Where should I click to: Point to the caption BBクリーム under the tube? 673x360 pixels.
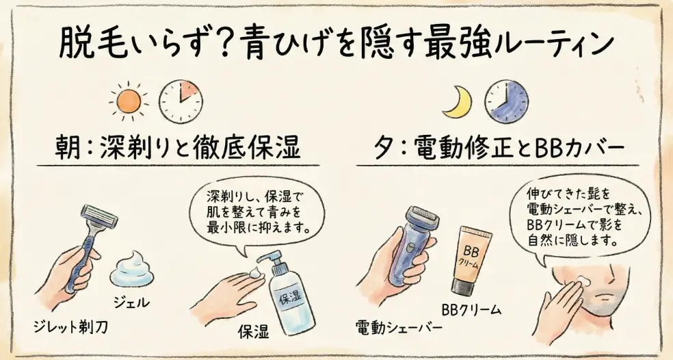[471, 310]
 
